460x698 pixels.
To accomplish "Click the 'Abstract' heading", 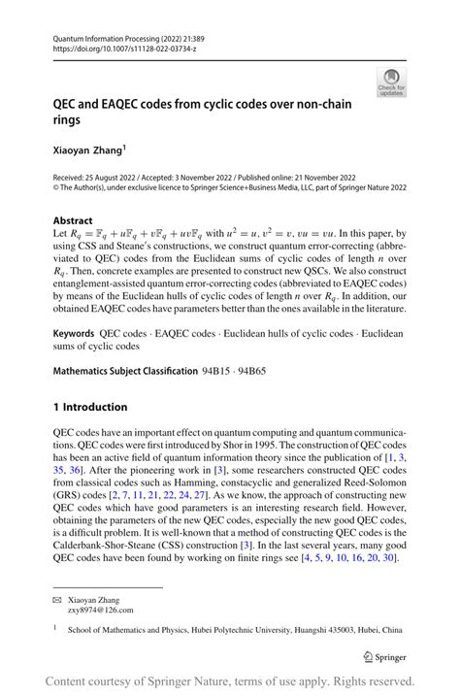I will (x=73, y=220).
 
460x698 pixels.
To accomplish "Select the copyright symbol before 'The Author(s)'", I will (x=56, y=190).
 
